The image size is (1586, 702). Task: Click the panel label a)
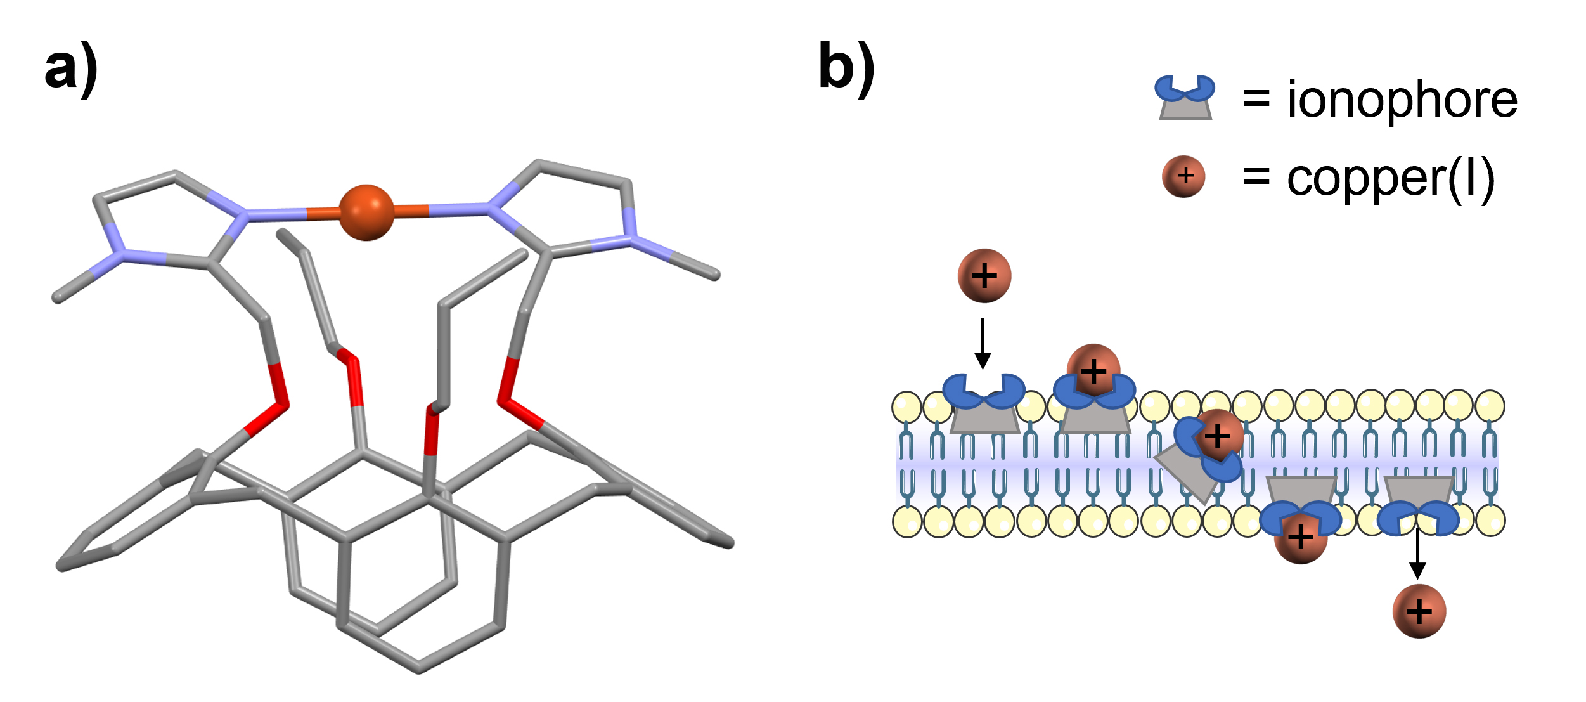(x=71, y=68)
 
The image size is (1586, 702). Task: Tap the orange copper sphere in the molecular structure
(x=366, y=212)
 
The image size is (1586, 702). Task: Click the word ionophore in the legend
(x=1402, y=100)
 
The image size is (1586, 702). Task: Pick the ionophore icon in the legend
(x=1185, y=98)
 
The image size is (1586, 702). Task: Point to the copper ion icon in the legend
(x=1183, y=176)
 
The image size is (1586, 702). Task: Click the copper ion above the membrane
(x=984, y=276)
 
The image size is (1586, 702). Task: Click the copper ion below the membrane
(x=1419, y=611)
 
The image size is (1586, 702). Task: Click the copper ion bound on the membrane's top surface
(x=1093, y=370)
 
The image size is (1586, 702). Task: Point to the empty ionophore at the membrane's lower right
(x=1419, y=504)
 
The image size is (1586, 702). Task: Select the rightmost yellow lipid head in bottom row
(x=1490, y=520)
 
